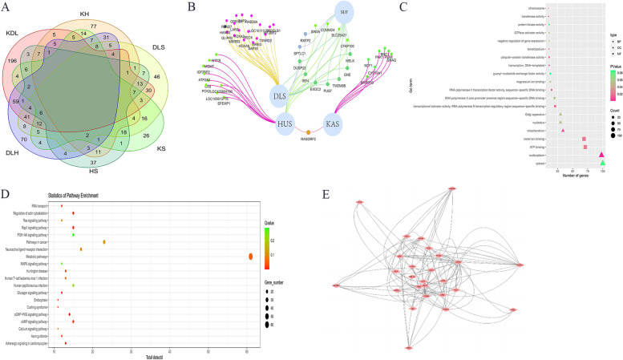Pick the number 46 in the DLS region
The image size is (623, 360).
tap(180, 76)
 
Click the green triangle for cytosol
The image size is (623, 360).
tap(602, 163)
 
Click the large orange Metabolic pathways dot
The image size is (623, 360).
tap(251, 256)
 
